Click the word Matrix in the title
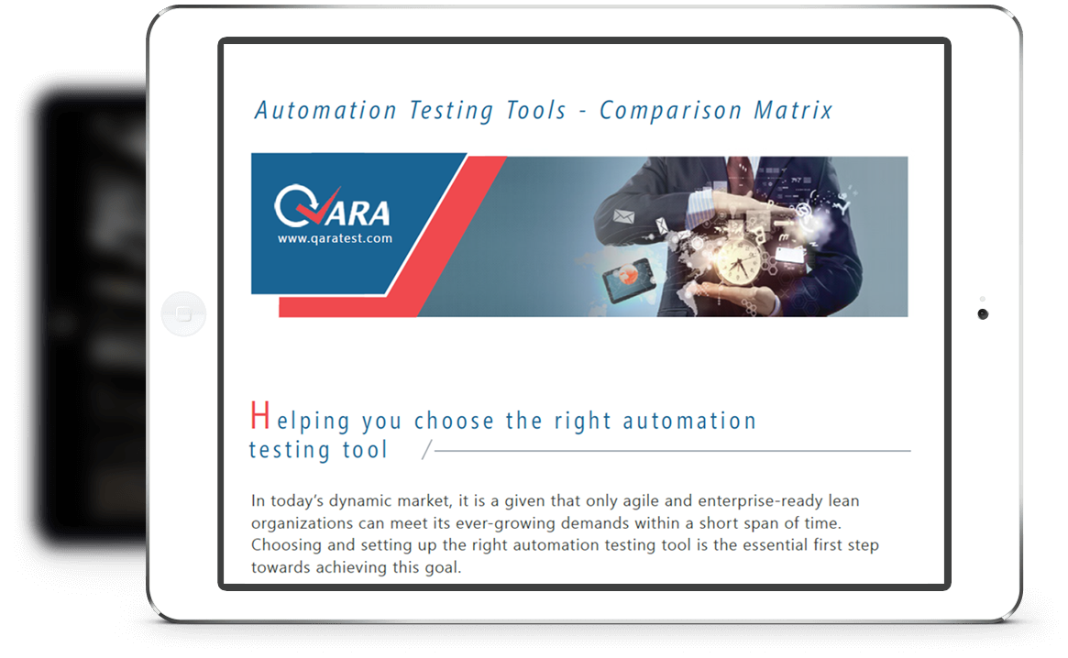(x=793, y=110)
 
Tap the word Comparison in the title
(x=670, y=110)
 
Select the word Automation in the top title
(x=325, y=110)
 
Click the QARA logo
(x=333, y=205)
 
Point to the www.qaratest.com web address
(x=335, y=238)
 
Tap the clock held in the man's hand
(x=737, y=261)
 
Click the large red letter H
(x=259, y=415)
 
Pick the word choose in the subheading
(x=454, y=421)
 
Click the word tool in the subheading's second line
(x=365, y=450)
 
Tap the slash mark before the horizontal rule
(x=427, y=450)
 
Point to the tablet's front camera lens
(x=982, y=314)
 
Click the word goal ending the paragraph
(x=443, y=568)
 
